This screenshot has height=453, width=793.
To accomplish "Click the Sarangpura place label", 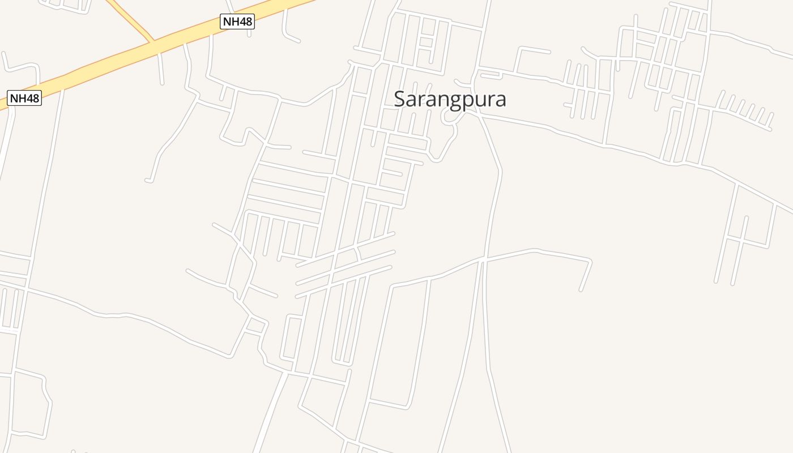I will tap(450, 99).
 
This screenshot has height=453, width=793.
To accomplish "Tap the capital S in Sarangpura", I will tap(400, 99).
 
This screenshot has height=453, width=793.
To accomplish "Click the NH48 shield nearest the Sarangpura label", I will tap(237, 22).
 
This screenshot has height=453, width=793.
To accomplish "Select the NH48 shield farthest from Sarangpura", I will tap(24, 98).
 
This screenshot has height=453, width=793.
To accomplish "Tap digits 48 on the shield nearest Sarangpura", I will tap(244, 22).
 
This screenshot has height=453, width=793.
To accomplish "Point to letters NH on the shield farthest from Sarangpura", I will tap(18, 98).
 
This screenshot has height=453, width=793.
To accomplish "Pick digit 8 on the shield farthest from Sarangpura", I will tap(35, 98).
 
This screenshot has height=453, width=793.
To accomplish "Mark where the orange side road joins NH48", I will tap(152, 42).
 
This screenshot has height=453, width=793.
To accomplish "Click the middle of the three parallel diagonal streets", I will tap(346, 267).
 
